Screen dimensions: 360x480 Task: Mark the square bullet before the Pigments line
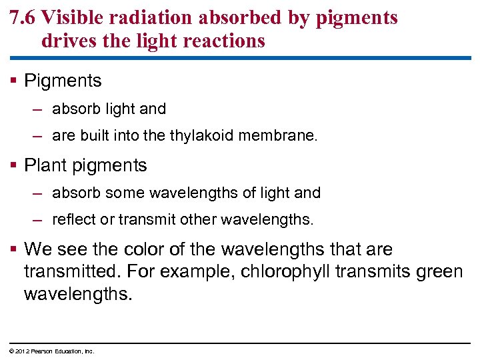tap(15, 81)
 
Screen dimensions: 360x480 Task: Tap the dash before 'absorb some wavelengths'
tap(39, 193)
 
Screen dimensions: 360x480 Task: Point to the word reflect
tap(72, 219)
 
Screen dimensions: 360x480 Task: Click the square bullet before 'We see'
tap(15, 250)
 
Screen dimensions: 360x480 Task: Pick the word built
tap(93, 136)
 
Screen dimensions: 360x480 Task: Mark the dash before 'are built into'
tap(39, 136)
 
